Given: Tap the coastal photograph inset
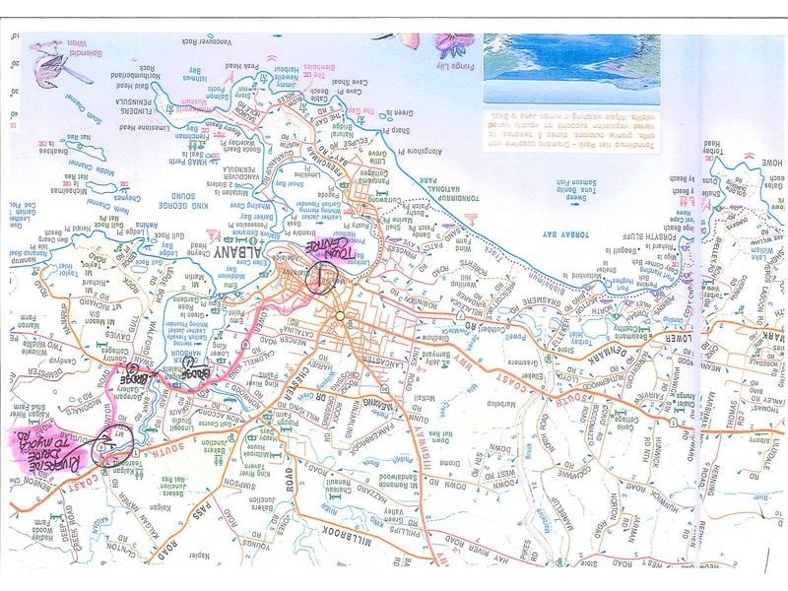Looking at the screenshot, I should point(571,69).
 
